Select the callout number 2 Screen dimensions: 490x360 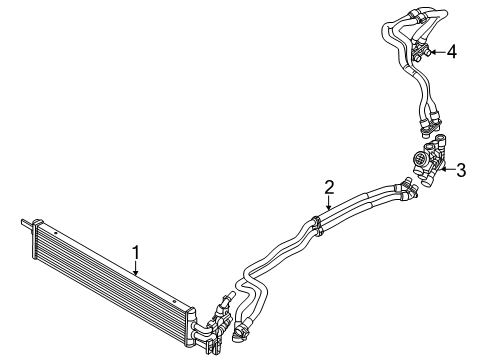point(328,185)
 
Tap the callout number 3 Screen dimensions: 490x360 point(461,169)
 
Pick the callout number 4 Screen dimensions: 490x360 point(452,51)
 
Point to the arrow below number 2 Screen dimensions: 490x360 point(328,202)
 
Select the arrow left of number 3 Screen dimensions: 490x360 point(446,170)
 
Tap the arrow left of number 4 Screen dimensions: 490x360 point(437,52)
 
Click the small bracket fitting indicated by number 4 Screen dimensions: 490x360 point(420,52)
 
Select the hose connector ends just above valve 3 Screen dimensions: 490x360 point(426,129)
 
